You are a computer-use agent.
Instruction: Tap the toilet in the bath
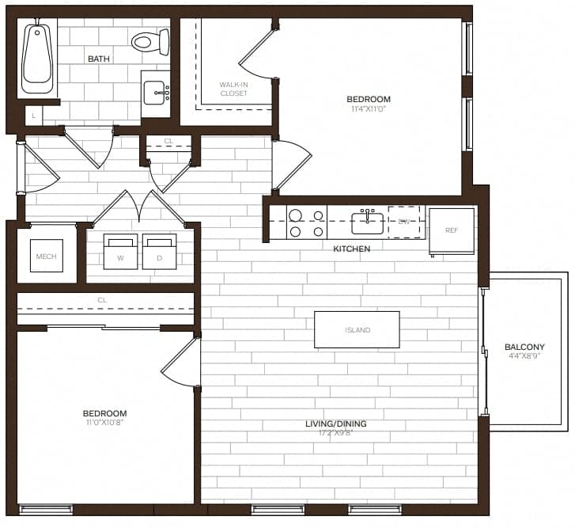click(148, 41)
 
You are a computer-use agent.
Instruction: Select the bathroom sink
click(156, 93)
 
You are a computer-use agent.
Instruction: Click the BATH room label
click(99, 59)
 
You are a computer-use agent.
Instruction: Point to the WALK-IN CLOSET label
click(233, 89)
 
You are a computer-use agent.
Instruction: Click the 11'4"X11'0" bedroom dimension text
click(369, 110)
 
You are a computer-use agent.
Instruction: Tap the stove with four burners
click(306, 222)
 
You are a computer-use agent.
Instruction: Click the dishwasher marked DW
click(403, 222)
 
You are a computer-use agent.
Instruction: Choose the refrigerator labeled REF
click(452, 230)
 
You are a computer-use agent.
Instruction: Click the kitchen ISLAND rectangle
click(357, 329)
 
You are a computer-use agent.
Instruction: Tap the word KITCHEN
click(352, 249)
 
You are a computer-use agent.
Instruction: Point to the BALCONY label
click(524, 347)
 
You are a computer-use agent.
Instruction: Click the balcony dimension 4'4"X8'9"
click(524, 357)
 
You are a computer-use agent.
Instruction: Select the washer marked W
click(119, 253)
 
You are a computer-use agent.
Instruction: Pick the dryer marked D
click(160, 253)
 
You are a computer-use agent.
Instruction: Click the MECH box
click(47, 256)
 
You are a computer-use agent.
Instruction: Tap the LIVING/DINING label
click(336, 424)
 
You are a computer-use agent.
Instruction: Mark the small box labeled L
click(34, 116)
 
